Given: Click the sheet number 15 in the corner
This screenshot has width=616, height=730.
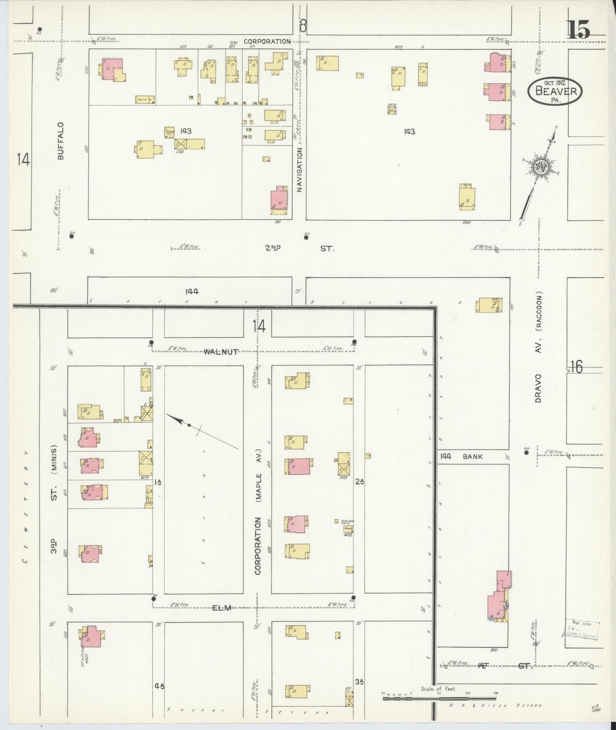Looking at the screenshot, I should tap(578, 30).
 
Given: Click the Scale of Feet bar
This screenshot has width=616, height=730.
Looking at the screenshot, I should tap(439, 698).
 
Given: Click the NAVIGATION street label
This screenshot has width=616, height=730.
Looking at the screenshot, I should tap(299, 170).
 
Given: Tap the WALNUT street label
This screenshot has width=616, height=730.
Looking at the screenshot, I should tap(220, 351).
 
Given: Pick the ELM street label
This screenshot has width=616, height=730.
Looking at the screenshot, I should tap(222, 608).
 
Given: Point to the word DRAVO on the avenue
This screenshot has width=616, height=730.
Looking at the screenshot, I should tap(538, 388).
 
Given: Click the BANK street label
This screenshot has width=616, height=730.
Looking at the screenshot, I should tap(472, 456).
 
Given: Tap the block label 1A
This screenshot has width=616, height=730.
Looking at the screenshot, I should tap(158, 482).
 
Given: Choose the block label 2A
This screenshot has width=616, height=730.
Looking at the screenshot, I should tap(359, 482).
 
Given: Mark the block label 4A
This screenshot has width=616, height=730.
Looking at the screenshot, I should tap(159, 685).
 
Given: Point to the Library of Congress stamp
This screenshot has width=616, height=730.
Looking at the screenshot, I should tap(583, 629).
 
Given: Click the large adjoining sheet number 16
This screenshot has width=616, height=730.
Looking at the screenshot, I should tap(576, 367).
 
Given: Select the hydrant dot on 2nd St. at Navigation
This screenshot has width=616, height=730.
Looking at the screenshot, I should tap(306, 237).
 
